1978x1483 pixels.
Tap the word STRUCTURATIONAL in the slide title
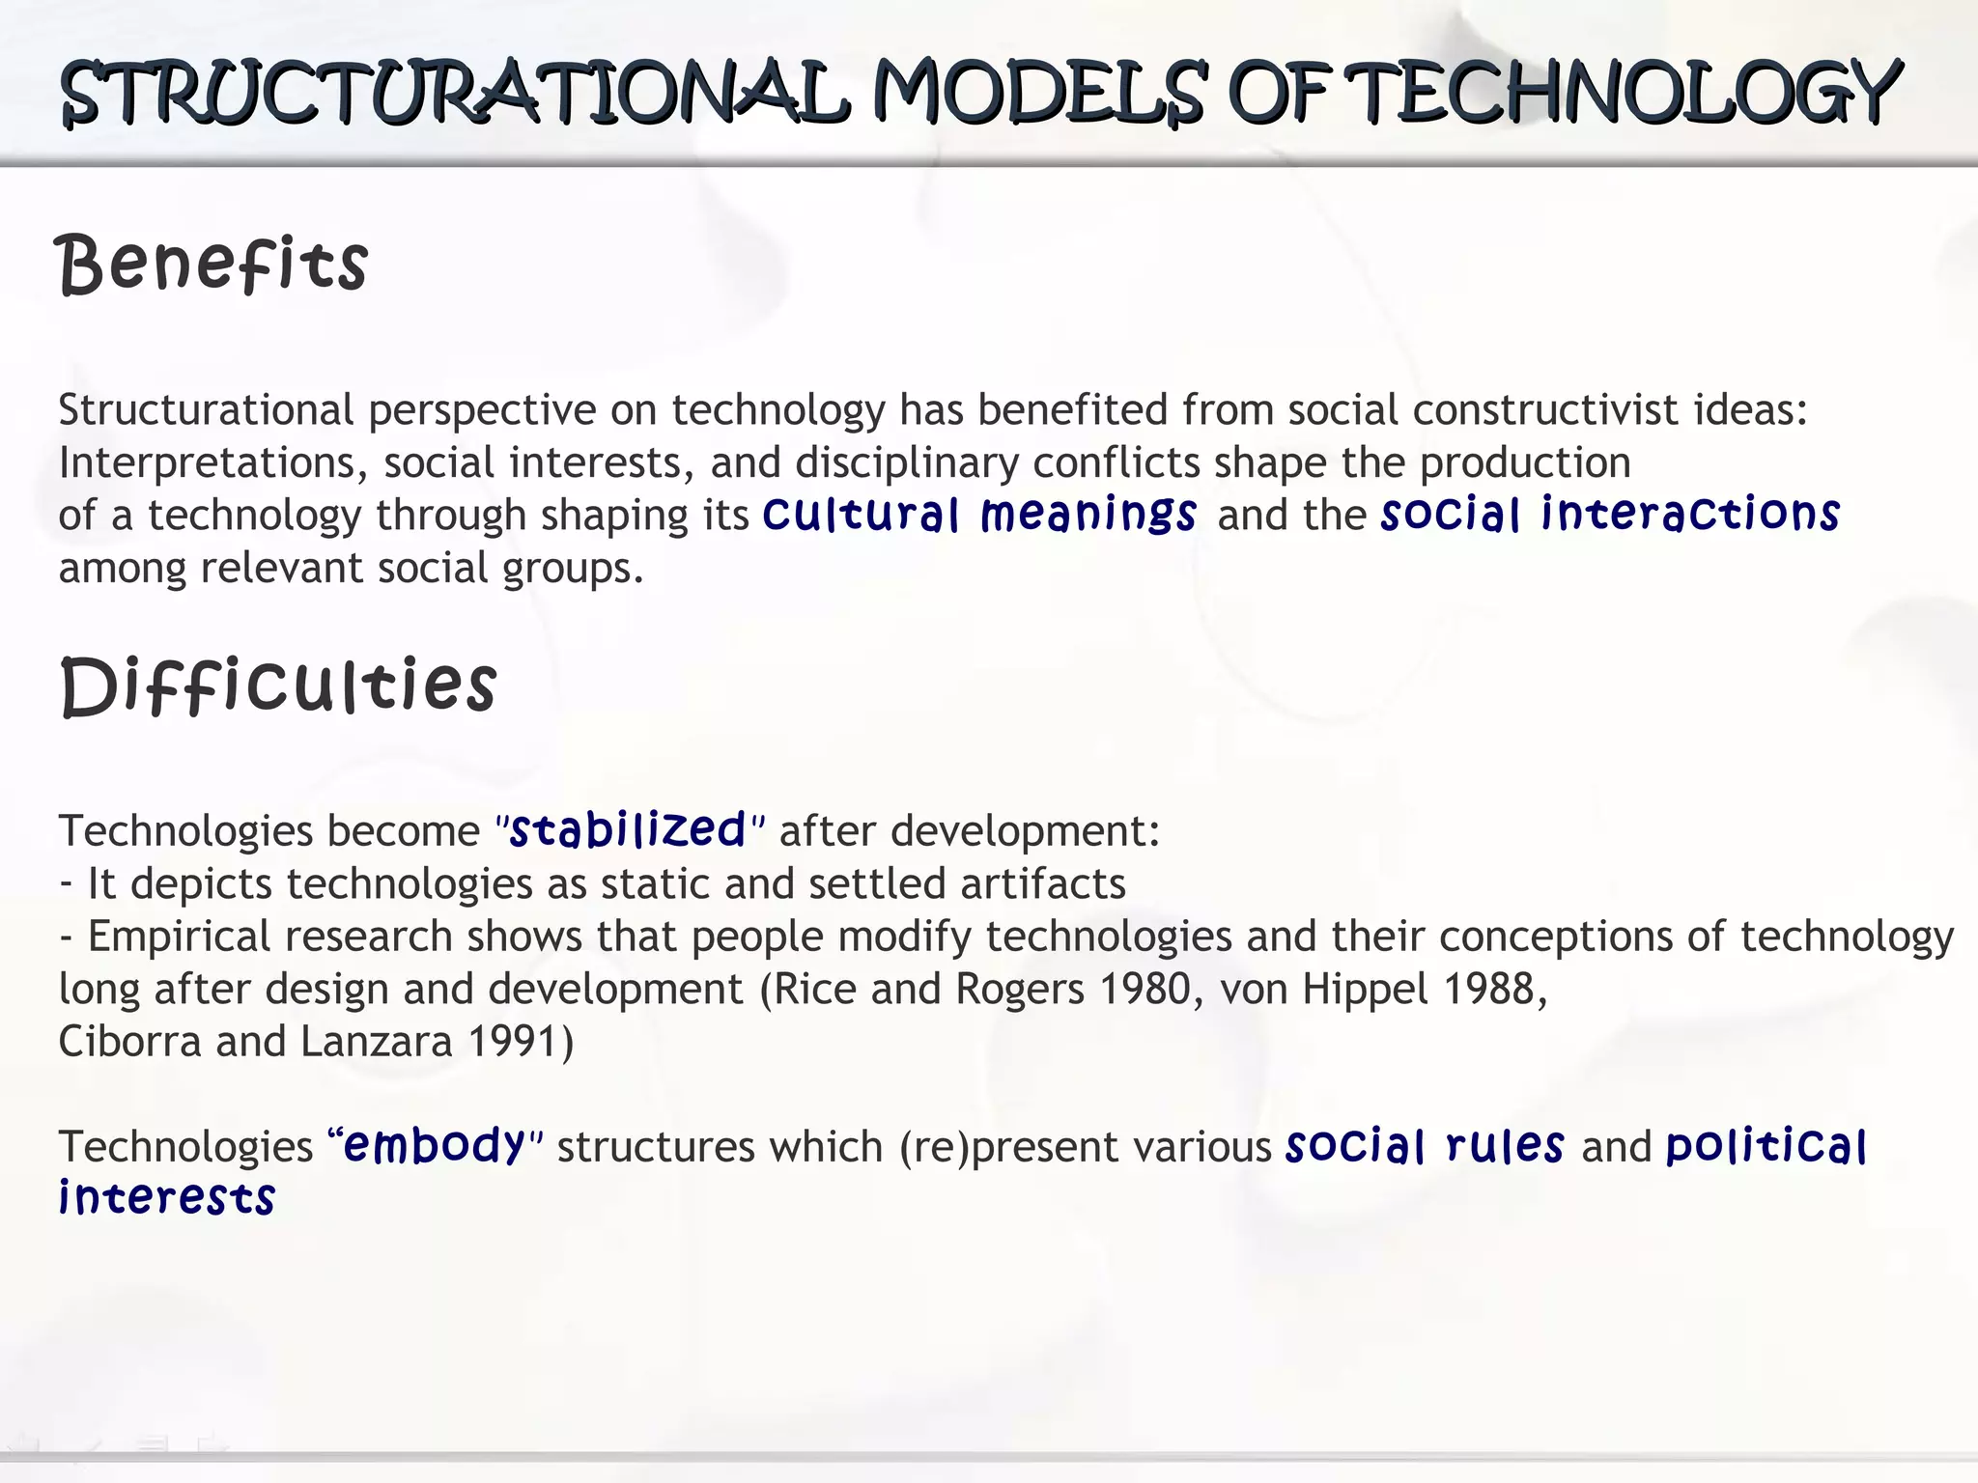click(455, 93)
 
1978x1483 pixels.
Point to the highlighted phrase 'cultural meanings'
click(979, 514)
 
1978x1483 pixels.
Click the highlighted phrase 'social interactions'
click(1610, 514)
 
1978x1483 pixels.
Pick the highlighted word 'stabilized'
click(628, 830)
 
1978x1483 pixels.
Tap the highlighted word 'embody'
click(434, 1146)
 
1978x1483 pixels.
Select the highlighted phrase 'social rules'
click(1425, 1146)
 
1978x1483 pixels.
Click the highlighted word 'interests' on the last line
click(167, 1198)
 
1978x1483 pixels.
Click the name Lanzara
click(376, 1042)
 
